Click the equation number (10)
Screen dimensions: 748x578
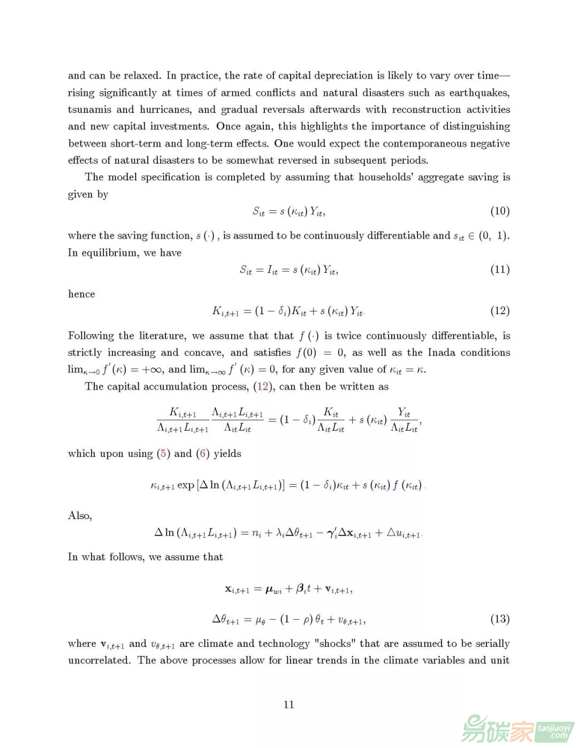click(499, 211)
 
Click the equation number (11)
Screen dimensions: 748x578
click(499, 270)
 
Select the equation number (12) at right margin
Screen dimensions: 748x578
click(499, 311)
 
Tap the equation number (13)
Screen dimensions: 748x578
click(499, 619)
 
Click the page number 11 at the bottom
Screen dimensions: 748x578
click(289, 704)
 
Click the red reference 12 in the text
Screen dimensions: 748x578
click(263, 386)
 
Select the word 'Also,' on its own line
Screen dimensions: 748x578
click(80, 516)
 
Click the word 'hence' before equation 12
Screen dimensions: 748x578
click(81, 294)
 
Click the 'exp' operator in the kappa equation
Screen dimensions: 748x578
click(186, 485)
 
